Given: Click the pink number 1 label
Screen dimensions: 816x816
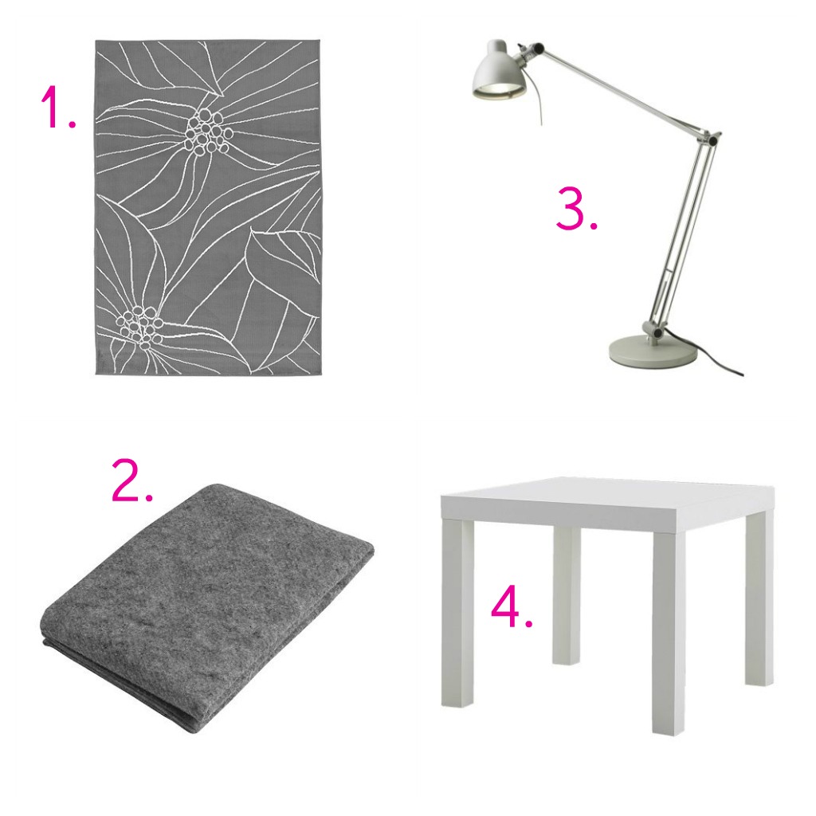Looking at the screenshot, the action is click(x=57, y=108).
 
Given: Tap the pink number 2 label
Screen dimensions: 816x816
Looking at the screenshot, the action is click(x=132, y=481).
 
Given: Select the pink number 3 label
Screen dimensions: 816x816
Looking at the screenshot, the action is click(x=577, y=210).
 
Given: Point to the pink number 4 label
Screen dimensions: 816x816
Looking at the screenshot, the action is click(x=512, y=608).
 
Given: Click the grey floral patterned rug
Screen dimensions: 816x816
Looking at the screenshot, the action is click(x=214, y=207).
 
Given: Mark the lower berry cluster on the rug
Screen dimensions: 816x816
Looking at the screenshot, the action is click(x=137, y=326).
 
